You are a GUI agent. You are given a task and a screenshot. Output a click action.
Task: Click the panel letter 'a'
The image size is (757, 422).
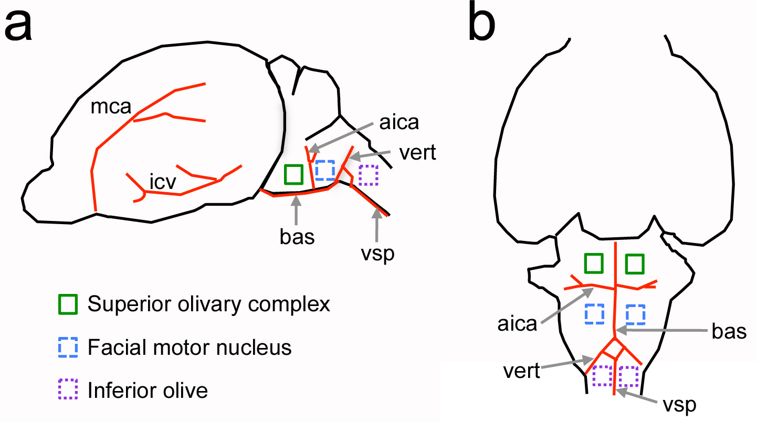pyautogui.click(x=18, y=26)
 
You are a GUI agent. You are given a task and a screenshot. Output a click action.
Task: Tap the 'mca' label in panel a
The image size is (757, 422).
pyautogui.click(x=111, y=107)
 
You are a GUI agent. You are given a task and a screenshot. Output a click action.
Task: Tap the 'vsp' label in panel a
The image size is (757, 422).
pyautogui.click(x=377, y=254)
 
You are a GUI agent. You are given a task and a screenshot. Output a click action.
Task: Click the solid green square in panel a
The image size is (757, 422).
pyautogui.click(x=293, y=174)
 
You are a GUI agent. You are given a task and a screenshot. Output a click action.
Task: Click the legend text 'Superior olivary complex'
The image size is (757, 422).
pyautogui.click(x=209, y=304)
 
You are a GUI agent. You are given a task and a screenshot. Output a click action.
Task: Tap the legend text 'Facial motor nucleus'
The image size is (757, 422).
pyautogui.click(x=190, y=347)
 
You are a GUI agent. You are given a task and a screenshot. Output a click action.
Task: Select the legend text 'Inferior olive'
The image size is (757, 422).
pyautogui.click(x=148, y=391)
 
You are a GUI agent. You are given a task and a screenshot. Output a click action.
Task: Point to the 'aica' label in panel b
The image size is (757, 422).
pyautogui.click(x=518, y=324)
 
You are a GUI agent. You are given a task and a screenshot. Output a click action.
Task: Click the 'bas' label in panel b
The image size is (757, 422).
pyautogui.click(x=729, y=331)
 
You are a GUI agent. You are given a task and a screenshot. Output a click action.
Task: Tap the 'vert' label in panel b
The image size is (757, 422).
pyautogui.click(x=521, y=371)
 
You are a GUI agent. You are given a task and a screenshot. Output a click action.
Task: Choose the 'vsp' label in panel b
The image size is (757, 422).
pyautogui.click(x=679, y=405)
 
